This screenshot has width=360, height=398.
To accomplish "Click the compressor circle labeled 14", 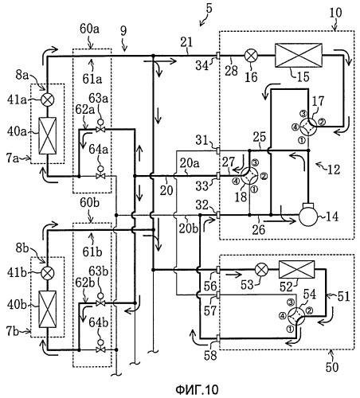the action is click(x=308, y=216).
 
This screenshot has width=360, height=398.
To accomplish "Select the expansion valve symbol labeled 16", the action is click(x=249, y=56).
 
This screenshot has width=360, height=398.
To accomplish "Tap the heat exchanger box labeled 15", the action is click(x=299, y=56).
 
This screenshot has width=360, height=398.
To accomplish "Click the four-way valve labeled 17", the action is click(x=308, y=127).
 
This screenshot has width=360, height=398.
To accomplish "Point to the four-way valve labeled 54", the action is click(x=296, y=316).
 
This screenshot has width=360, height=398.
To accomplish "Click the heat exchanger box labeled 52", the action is click(x=296, y=269).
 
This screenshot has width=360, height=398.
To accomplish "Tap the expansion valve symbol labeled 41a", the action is click(x=48, y=99).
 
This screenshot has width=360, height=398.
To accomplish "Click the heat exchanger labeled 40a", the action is click(x=48, y=135).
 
